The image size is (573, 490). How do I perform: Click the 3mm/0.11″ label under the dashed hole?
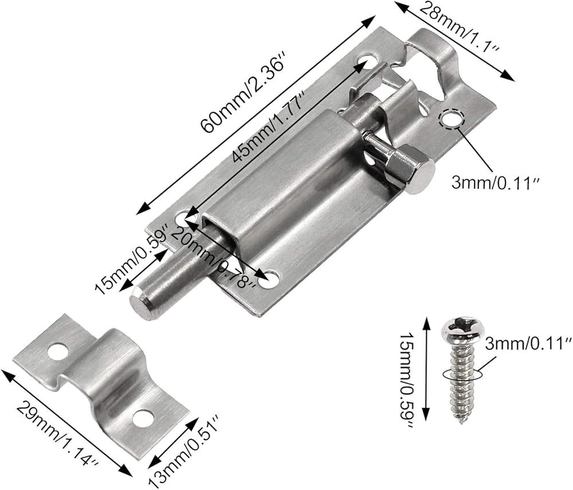click(496, 182)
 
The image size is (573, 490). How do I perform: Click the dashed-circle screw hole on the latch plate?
click(450, 119)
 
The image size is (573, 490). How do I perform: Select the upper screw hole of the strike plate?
click(58, 351)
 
